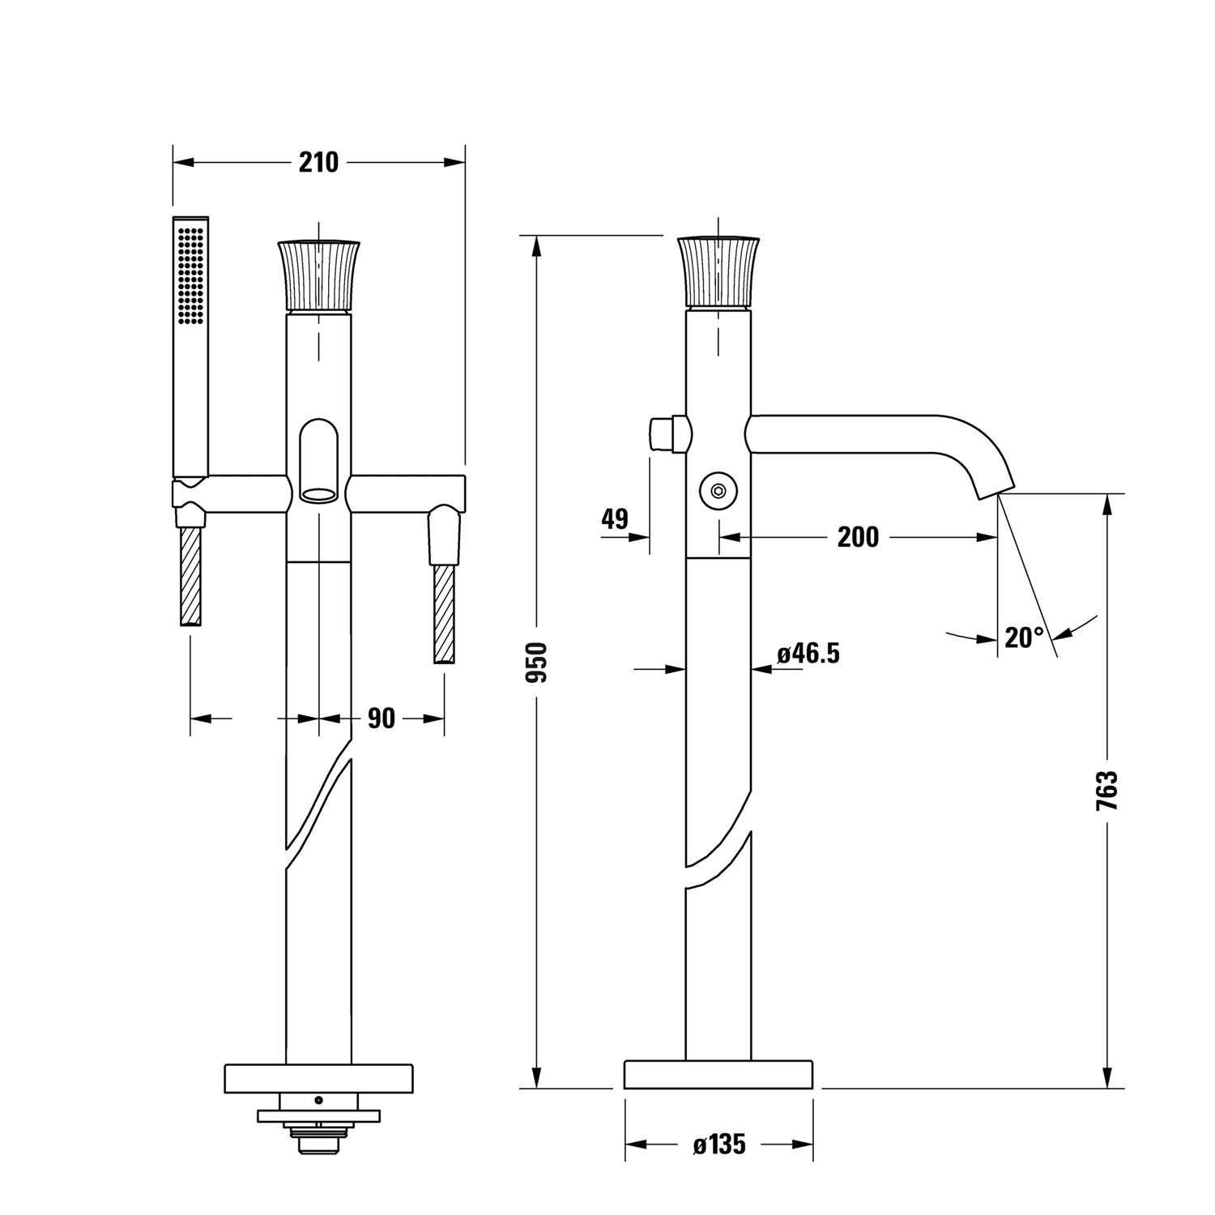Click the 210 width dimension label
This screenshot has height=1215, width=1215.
coord(318,162)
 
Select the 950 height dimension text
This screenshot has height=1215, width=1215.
coord(536,662)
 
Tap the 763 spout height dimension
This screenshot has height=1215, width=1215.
coord(1106,790)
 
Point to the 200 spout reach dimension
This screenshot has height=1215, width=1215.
coord(858,536)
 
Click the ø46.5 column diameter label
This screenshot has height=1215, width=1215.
coord(808,653)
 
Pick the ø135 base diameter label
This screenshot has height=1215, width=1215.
coord(719,1145)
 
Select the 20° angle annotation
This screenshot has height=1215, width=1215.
coord(1025,637)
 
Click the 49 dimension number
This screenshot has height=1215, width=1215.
coord(615,518)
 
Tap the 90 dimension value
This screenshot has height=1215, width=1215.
coord(381,718)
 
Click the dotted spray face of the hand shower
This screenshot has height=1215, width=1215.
coord(191,275)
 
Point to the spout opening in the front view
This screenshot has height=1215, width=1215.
coord(318,492)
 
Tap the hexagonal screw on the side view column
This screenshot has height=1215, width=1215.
coord(718,490)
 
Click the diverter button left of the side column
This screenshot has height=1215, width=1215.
coord(669,434)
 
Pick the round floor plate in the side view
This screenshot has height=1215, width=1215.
coord(718,1075)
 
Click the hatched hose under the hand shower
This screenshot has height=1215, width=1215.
coord(190,576)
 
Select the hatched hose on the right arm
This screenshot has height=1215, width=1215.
coord(444,614)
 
